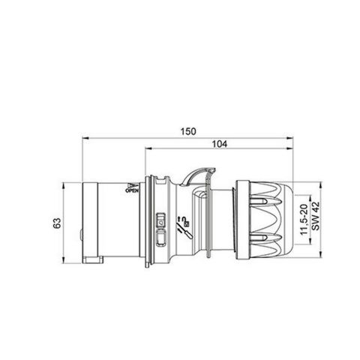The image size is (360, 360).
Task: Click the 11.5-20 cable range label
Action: click(x=302, y=223)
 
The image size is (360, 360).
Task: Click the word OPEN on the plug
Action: click(x=132, y=192)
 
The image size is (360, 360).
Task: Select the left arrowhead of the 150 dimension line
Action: click(x=85, y=138)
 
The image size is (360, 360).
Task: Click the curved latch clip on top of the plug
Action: click(x=196, y=176)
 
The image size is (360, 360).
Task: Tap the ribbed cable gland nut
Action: click(x=263, y=223)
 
